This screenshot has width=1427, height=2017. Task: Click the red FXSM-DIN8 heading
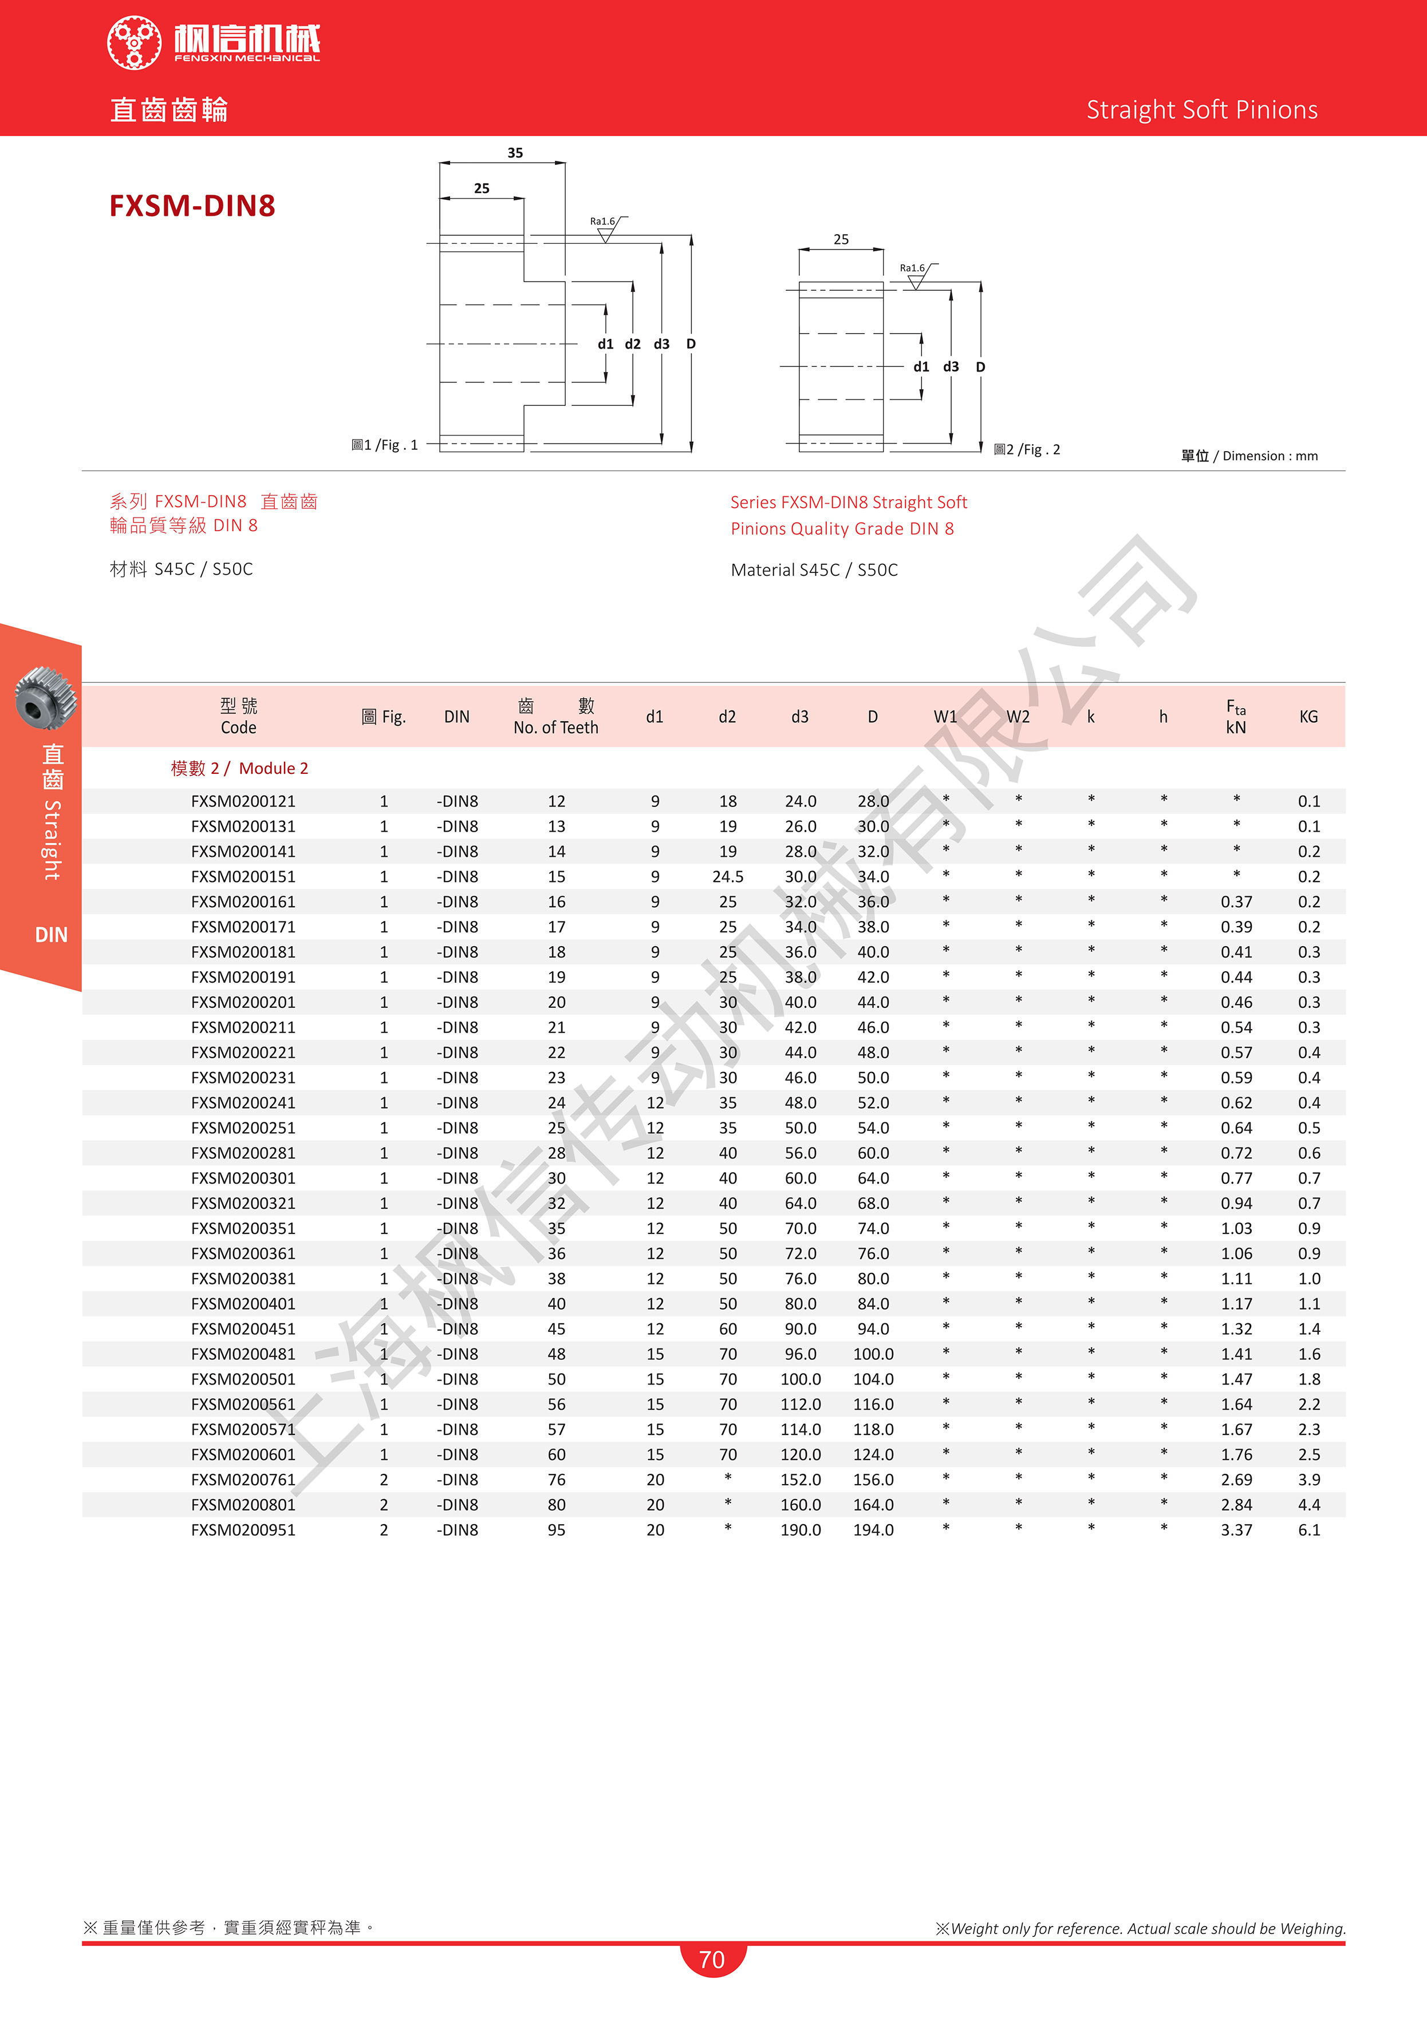pyautogui.click(x=192, y=205)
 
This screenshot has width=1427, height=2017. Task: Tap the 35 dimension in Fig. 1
pyautogui.click(x=515, y=153)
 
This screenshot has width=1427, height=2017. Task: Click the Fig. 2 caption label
pyautogui.click(x=1027, y=450)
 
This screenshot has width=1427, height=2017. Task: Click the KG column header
pyautogui.click(x=1308, y=717)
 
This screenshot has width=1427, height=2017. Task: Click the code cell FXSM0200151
pyautogui.click(x=243, y=877)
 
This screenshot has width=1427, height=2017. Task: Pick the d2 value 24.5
pyautogui.click(x=728, y=877)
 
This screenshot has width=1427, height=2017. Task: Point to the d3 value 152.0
pyautogui.click(x=801, y=1480)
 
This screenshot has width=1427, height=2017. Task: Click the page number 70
pyautogui.click(x=712, y=1960)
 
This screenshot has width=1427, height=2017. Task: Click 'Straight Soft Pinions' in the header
pyautogui.click(x=1201, y=110)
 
